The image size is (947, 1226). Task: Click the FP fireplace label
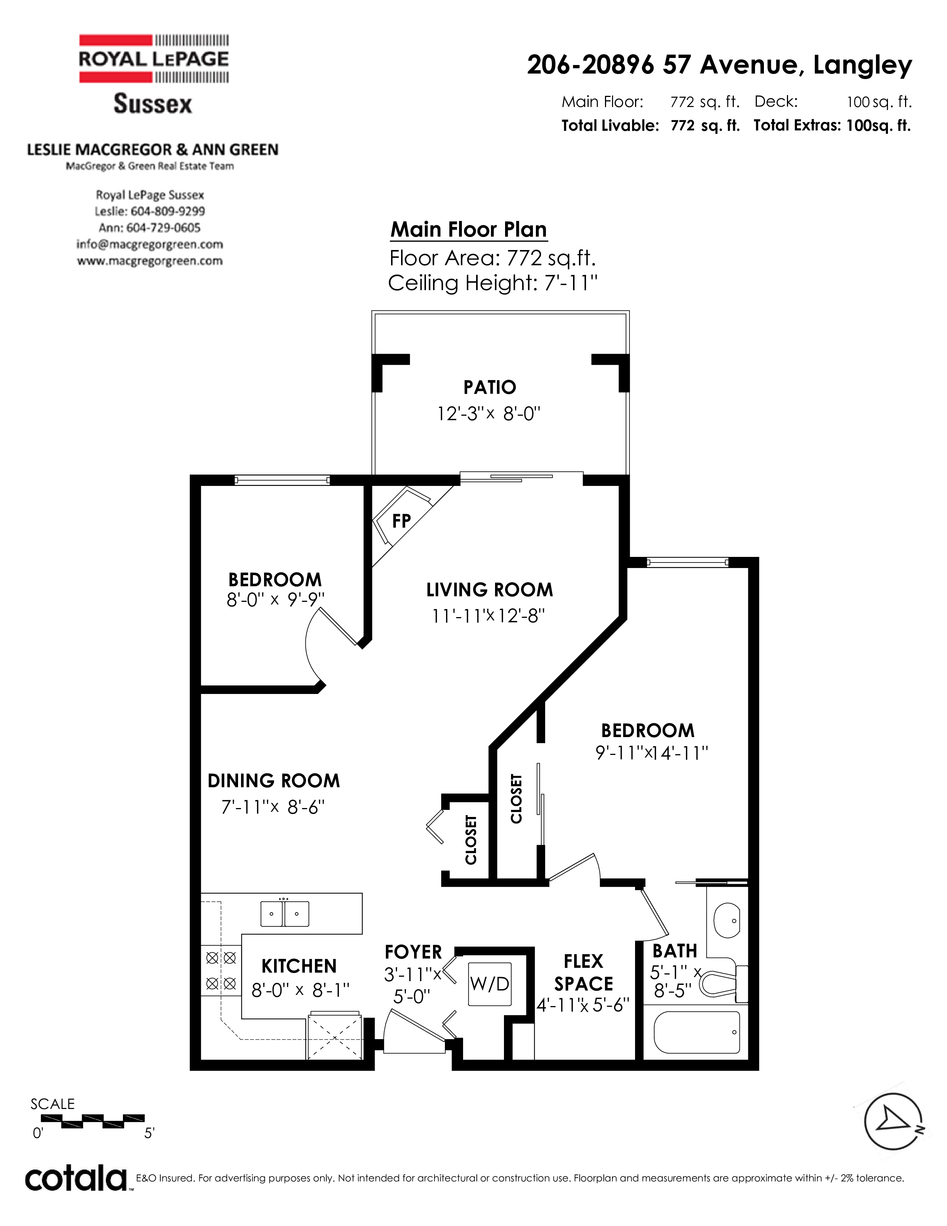(x=401, y=521)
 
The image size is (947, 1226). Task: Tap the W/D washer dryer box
(x=490, y=983)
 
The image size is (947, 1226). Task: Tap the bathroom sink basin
(x=728, y=920)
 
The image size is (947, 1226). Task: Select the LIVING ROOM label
(x=489, y=590)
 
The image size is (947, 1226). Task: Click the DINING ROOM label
(x=274, y=781)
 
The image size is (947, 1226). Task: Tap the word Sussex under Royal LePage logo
(x=153, y=104)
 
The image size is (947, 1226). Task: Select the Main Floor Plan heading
(x=468, y=230)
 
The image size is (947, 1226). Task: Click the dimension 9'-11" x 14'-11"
(x=652, y=753)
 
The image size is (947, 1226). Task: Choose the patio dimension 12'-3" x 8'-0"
(x=489, y=414)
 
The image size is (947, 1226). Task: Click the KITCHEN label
(x=299, y=966)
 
